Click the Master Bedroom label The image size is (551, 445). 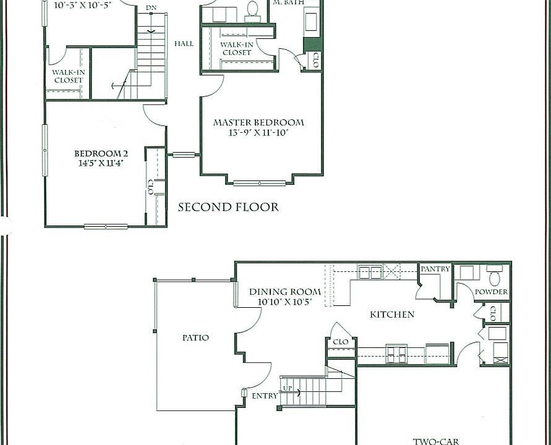pyautogui.click(x=258, y=122)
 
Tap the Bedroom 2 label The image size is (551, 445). pyautogui.click(x=101, y=154)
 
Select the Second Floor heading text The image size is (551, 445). pyautogui.click(x=228, y=207)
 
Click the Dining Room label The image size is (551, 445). pyautogui.click(x=285, y=292)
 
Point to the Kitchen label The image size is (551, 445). pyautogui.click(x=392, y=315)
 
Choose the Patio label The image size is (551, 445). pyautogui.click(x=195, y=337)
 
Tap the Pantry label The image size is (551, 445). pyautogui.click(x=435, y=269)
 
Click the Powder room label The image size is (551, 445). pyautogui.click(x=491, y=292)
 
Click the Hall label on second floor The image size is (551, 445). pyautogui.click(x=184, y=44)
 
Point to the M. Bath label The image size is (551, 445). pyautogui.click(x=289, y=3)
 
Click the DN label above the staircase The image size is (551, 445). pyautogui.click(x=151, y=8)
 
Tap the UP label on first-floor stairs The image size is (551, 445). pyautogui.click(x=288, y=388)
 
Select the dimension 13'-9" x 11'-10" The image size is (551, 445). pyautogui.click(x=258, y=132)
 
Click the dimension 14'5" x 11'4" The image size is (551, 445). pyautogui.click(x=101, y=164)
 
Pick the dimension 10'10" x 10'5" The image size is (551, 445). pyautogui.click(x=285, y=302)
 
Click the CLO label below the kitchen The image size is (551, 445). pyautogui.click(x=341, y=341)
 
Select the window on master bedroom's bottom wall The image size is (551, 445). pyautogui.click(x=260, y=183)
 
